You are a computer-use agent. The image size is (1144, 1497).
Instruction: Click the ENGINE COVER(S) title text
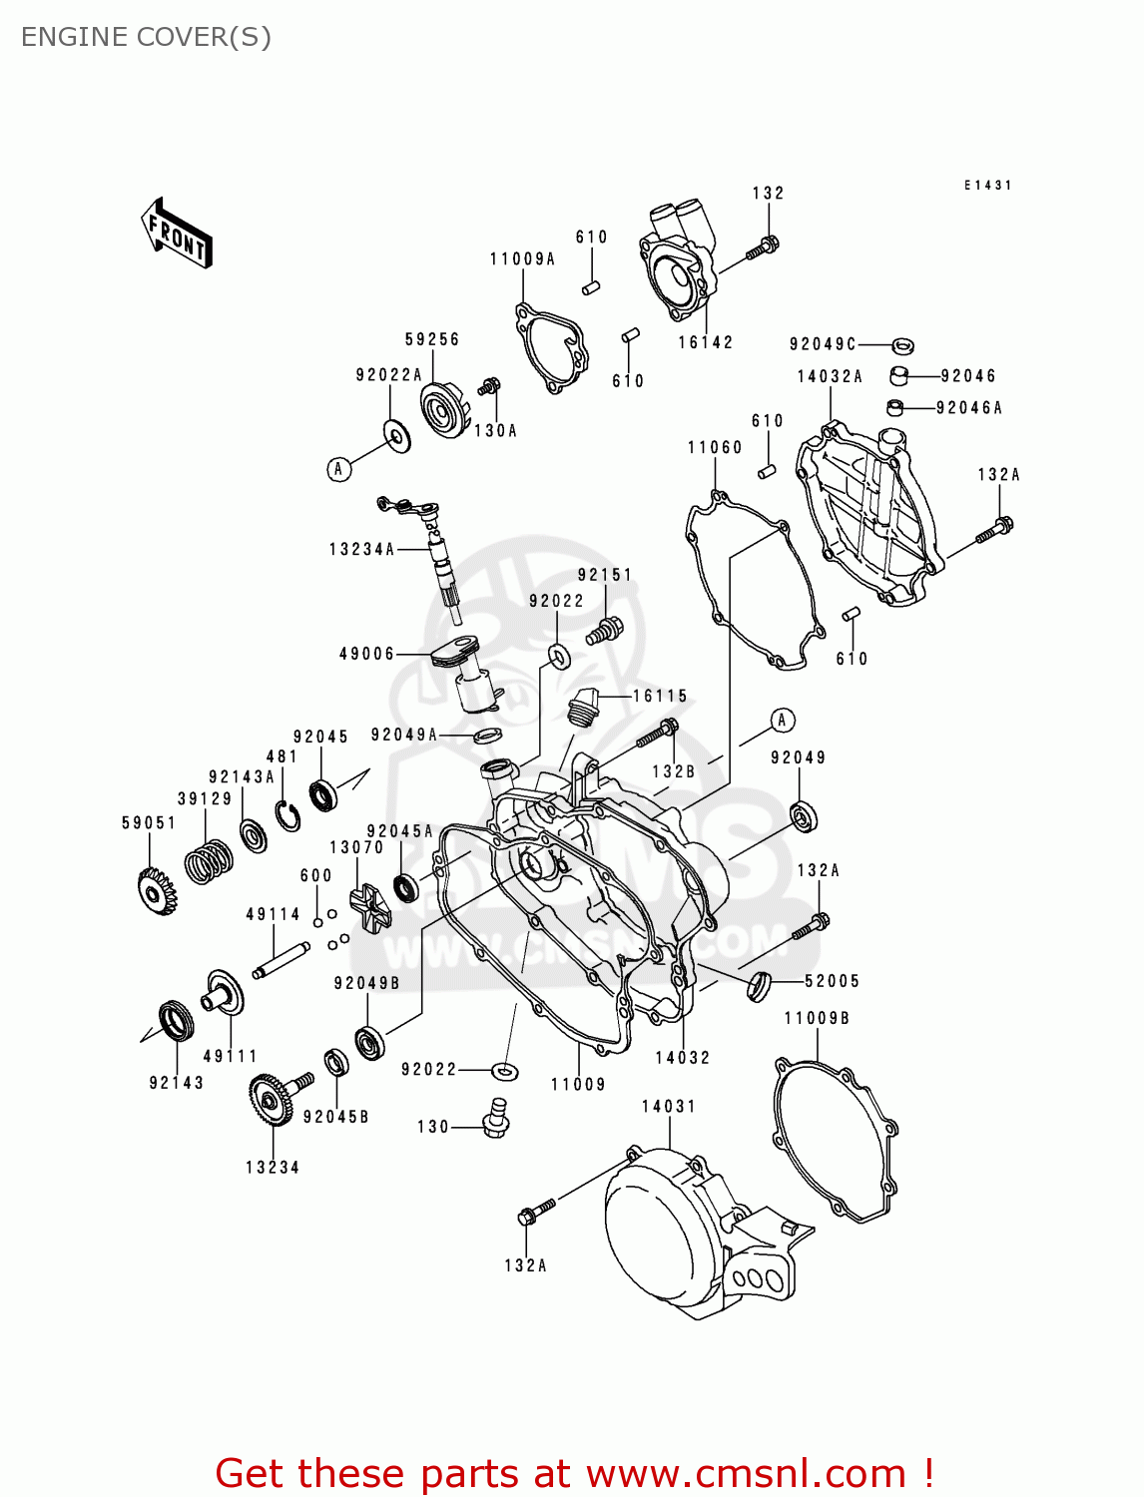(146, 37)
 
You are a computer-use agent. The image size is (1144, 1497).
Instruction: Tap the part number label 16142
(706, 342)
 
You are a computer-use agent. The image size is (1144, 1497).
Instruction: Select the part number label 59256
(432, 339)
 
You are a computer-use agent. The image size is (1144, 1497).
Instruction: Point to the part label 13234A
(362, 549)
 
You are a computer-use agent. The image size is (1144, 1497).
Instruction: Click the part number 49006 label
(367, 654)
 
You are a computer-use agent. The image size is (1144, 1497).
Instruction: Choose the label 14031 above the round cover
(669, 1106)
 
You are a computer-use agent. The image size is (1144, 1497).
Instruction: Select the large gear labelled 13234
(270, 1099)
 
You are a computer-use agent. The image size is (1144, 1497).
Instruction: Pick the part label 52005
(832, 981)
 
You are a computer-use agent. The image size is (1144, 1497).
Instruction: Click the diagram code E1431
(987, 186)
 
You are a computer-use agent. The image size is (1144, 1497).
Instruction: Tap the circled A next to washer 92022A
(339, 469)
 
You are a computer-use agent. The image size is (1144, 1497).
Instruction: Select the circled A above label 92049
(783, 720)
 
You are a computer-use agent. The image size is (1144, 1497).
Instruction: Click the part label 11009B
(817, 1018)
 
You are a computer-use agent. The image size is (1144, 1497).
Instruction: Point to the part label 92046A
(968, 407)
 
